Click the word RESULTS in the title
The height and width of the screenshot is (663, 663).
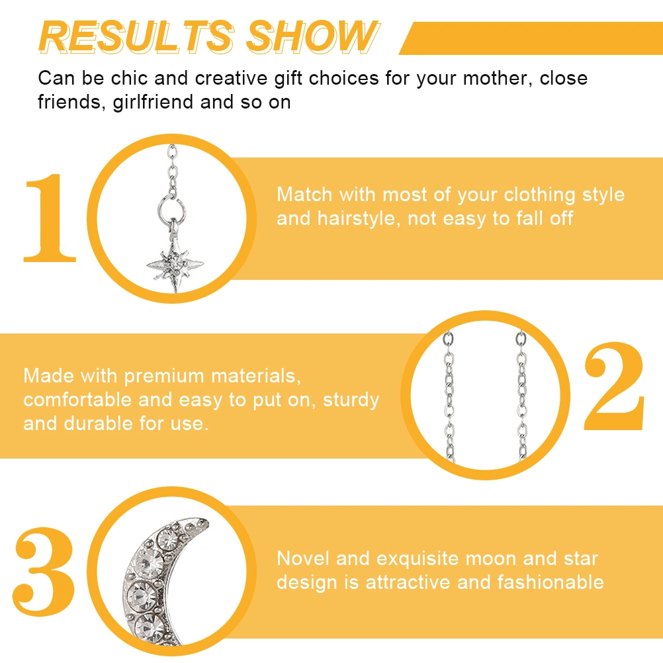[136, 37]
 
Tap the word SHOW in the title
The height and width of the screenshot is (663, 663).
[312, 37]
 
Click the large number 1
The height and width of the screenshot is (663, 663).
[50, 218]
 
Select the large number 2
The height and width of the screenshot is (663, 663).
[615, 386]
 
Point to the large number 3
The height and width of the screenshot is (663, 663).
[44, 571]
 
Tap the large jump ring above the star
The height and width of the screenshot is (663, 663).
[171, 208]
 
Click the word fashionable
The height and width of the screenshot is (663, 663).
[551, 582]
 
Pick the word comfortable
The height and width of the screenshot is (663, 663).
[77, 400]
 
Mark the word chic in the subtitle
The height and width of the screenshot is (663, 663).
[129, 79]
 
